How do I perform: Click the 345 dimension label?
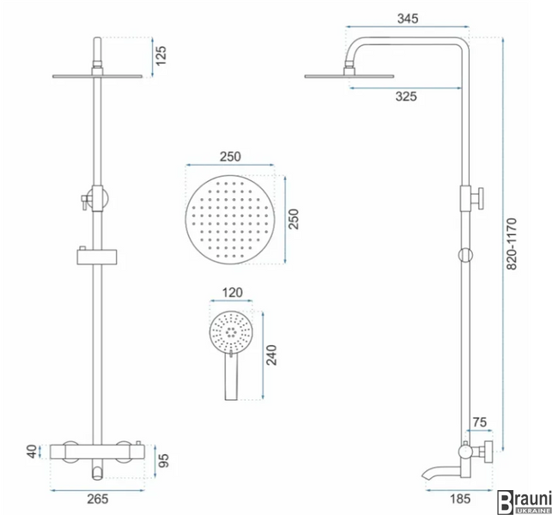coord(408,18)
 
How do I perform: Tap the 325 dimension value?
coord(406,96)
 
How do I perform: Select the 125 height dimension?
coord(161,56)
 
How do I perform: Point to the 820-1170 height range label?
coord(511,244)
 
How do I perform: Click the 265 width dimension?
coord(98,499)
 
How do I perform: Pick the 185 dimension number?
coord(460,499)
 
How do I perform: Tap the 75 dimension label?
coord(480,422)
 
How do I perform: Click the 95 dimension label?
coord(163,461)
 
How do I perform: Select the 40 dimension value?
coord(32,451)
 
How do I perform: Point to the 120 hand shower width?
coord(233,293)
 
